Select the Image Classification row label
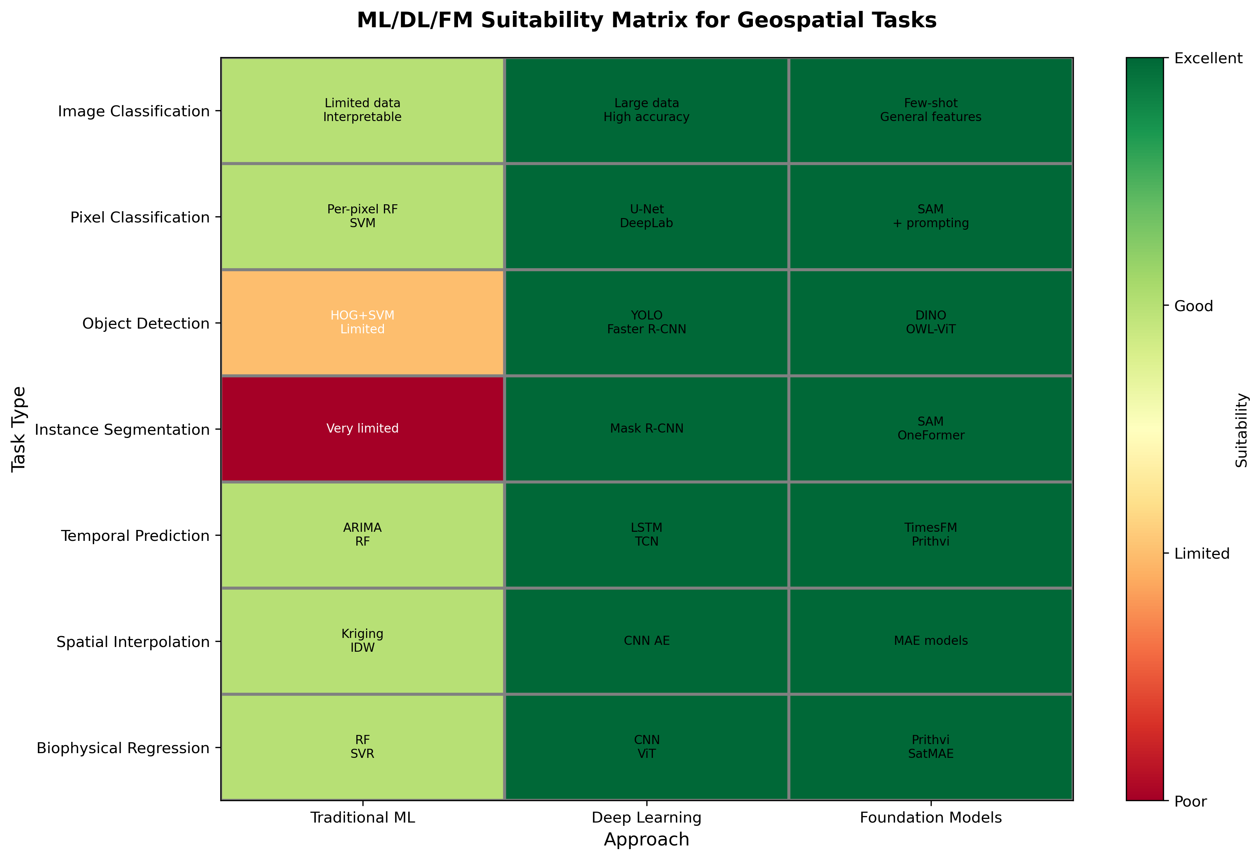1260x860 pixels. click(133, 111)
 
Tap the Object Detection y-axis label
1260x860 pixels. click(145, 324)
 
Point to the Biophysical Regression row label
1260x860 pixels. click(123, 748)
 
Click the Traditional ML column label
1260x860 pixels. click(362, 818)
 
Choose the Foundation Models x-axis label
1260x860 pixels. click(930, 818)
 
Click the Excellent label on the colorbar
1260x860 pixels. click(1208, 59)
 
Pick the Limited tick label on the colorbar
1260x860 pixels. click(1201, 554)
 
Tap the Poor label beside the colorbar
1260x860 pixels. click(1190, 801)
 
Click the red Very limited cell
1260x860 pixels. click(362, 429)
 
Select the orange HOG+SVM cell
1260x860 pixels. click(362, 322)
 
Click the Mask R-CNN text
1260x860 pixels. click(646, 429)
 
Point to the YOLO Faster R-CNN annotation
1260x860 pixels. click(646, 322)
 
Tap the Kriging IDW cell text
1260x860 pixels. click(362, 640)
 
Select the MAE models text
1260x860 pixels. click(930, 640)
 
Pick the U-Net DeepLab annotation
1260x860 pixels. click(646, 216)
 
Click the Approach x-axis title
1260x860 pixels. click(646, 839)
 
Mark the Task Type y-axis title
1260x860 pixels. click(19, 429)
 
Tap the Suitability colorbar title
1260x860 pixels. click(1241, 430)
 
